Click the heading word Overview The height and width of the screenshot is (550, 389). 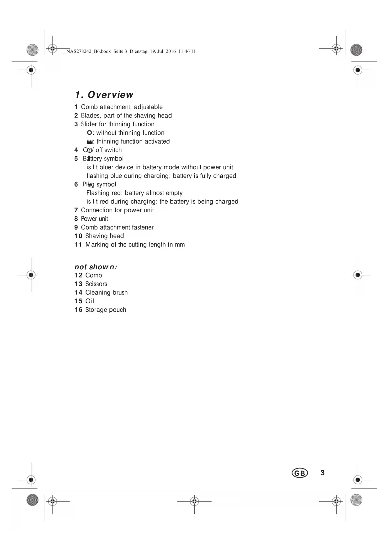click(110, 95)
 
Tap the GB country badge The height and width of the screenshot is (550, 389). click(300, 473)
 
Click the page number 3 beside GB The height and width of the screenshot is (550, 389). click(323, 473)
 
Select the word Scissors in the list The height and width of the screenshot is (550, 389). click(96, 284)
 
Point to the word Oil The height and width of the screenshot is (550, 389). click(90, 301)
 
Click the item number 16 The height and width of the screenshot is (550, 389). click(78, 310)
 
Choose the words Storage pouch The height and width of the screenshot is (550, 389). click(106, 310)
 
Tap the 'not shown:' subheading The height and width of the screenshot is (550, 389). click(96, 267)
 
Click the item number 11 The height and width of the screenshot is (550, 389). click(78, 245)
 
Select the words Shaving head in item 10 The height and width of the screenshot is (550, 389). click(104, 236)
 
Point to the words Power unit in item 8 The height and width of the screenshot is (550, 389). click(94, 219)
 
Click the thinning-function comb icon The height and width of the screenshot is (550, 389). click(90, 142)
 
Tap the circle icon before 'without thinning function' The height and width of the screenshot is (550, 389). click(89, 133)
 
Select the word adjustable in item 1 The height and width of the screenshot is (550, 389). click(148, 107)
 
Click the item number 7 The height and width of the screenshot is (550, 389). click(76, 210)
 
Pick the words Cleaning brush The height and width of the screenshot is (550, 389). click(106, 293)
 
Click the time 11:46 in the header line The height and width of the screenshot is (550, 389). click(184, 51)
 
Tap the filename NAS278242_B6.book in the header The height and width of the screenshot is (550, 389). click(89, 51)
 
